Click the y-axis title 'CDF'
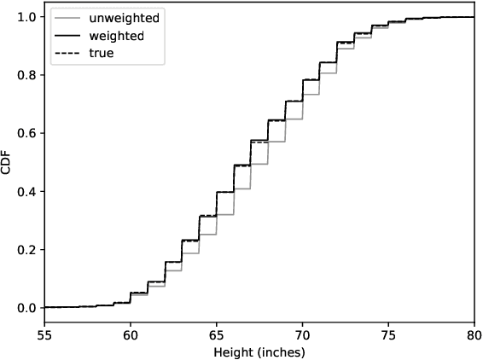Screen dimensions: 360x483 click(x=8, y=163)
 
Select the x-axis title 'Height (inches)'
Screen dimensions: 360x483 click(x=259, y=351)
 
